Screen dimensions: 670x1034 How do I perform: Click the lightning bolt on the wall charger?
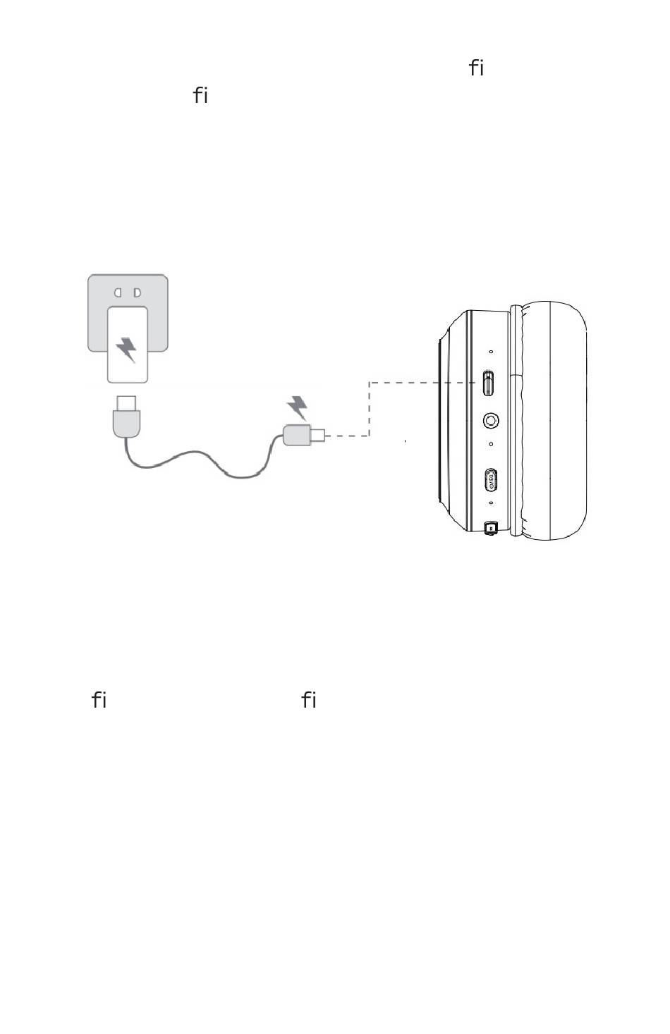click(127, 349)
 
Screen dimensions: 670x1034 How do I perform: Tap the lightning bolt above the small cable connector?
click(298, 408)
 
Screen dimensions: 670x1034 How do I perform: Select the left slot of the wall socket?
click(119, 292)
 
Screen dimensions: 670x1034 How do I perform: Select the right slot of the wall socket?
click(138, 292)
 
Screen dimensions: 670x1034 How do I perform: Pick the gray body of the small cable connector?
click(297, 435)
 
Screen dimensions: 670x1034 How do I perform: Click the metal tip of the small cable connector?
click(319, 436)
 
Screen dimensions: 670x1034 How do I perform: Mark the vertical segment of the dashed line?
click(370, 409)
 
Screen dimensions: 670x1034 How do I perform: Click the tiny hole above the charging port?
click(492, 352)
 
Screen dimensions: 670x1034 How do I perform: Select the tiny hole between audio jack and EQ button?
click(492, 445)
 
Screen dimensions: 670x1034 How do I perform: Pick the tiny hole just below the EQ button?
click(492, 503)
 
